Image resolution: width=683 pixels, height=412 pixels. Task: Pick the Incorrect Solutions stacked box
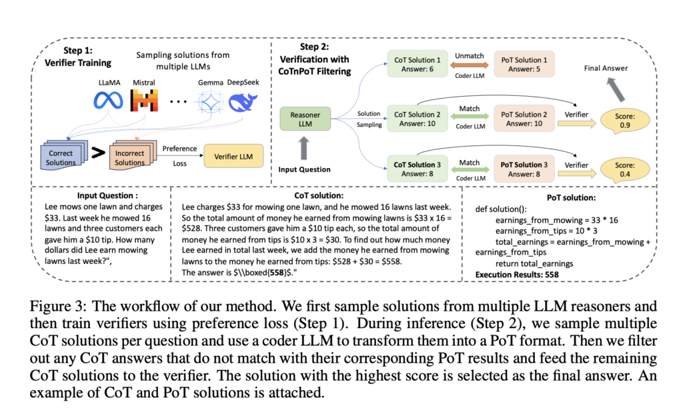[x=129, y=157]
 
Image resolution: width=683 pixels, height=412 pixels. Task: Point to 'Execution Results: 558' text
[x=517, y=274]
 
